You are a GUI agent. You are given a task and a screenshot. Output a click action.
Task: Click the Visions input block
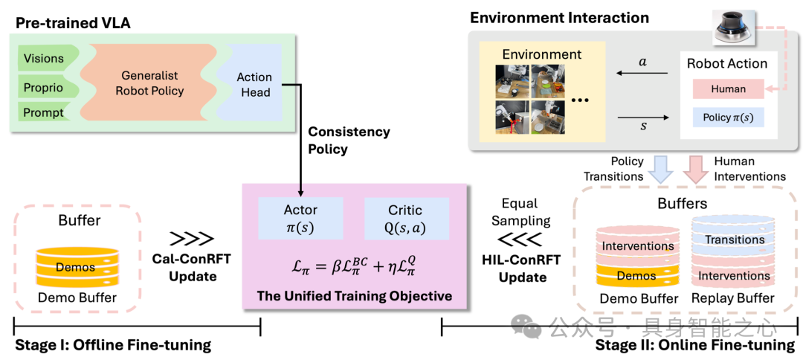click(x=43, y=59)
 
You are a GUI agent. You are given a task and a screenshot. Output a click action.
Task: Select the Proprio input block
click(x=43, y=87)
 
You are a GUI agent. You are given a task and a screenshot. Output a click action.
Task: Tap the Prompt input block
click(x=43, y=114)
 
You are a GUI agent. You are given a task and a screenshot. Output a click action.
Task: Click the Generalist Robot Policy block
click(x=153, y=84)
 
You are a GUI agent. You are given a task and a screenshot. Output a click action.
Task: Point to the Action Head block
click(x=254, y=84)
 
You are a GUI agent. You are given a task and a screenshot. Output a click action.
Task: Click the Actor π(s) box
click(x=300, y=218)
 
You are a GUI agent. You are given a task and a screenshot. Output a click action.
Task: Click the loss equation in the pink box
click(x=353, y=265)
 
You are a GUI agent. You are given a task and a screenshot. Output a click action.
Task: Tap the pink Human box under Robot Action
click(x=728, y=89)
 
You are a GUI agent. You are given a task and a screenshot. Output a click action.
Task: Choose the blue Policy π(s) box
click(x=728, y=118)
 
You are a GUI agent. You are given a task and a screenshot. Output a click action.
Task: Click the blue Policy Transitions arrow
click(x=659, y=167)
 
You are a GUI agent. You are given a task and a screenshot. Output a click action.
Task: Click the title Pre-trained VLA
click(x=73, y=23)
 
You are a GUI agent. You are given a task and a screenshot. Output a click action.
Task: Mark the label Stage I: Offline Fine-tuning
click(x=113, y=345)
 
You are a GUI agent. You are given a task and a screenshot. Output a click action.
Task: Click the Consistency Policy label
click(x=349, y=140)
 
